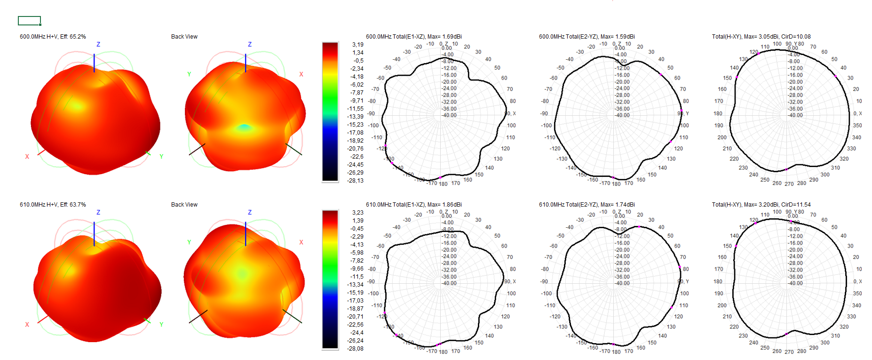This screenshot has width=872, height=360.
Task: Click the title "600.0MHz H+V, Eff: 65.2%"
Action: [53, 37]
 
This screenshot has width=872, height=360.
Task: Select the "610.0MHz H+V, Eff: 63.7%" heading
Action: [53, 205]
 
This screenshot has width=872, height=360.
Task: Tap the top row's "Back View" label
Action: [184, 37]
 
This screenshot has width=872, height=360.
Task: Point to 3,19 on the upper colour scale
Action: [358, 45]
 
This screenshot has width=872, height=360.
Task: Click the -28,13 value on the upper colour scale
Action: [356, 181]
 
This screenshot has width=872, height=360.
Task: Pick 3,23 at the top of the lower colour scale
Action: [358, 213]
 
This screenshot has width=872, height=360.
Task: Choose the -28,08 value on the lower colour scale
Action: [356, 349]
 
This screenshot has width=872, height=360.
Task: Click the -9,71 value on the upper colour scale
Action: [357, 101]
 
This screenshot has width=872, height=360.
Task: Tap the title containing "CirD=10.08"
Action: [761, 37]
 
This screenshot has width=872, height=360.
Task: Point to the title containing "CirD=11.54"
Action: [761, 205]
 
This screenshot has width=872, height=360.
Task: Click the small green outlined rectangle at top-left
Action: [29, 21]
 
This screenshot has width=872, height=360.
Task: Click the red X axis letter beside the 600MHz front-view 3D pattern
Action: [27, 157]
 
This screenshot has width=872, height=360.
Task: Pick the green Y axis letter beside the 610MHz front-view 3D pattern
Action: [161, 324]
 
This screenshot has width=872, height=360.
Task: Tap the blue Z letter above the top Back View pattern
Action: [250, 44]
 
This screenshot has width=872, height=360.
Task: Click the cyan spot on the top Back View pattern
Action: [244, 127]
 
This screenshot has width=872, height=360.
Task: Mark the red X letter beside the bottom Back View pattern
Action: [301, 242]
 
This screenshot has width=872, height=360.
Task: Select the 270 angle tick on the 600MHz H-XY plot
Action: [789, 184]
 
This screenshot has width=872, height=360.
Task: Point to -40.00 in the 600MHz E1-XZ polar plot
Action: [449, 115]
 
